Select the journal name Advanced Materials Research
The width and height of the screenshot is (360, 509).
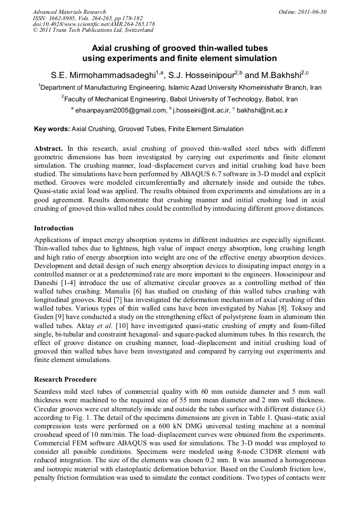pyautogui.click(x=69, y=12)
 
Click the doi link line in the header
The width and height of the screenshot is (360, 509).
pyautogui.click(x=93, y=24)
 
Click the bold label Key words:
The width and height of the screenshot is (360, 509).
pyautogui.click(x=52, y=129)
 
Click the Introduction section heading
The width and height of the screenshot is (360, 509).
pyautogui.click(x=54, y=228)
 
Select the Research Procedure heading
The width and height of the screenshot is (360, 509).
pyautogui.click(x=65, y=379)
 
